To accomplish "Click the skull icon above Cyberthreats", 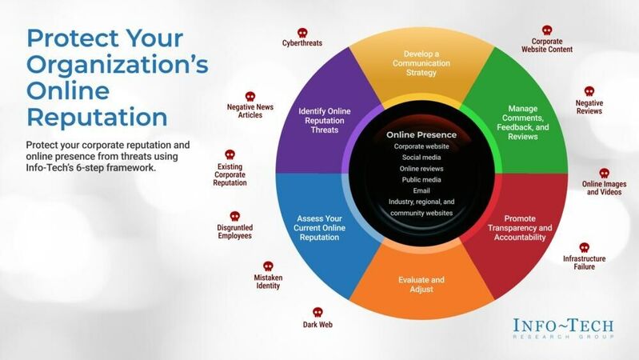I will (302, 33).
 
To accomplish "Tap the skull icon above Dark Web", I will (318, 312).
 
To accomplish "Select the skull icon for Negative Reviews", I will (589, 91).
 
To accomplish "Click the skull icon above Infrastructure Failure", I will (584, 247).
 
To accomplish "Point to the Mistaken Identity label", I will (268, 282).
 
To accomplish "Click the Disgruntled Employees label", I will (235, 231).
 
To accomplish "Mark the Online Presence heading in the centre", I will (416, 134).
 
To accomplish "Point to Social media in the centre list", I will (416, 158).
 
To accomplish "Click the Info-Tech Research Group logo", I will (563, 329).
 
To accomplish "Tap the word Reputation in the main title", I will (98, 117).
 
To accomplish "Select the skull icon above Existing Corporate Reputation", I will (230, 154).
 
